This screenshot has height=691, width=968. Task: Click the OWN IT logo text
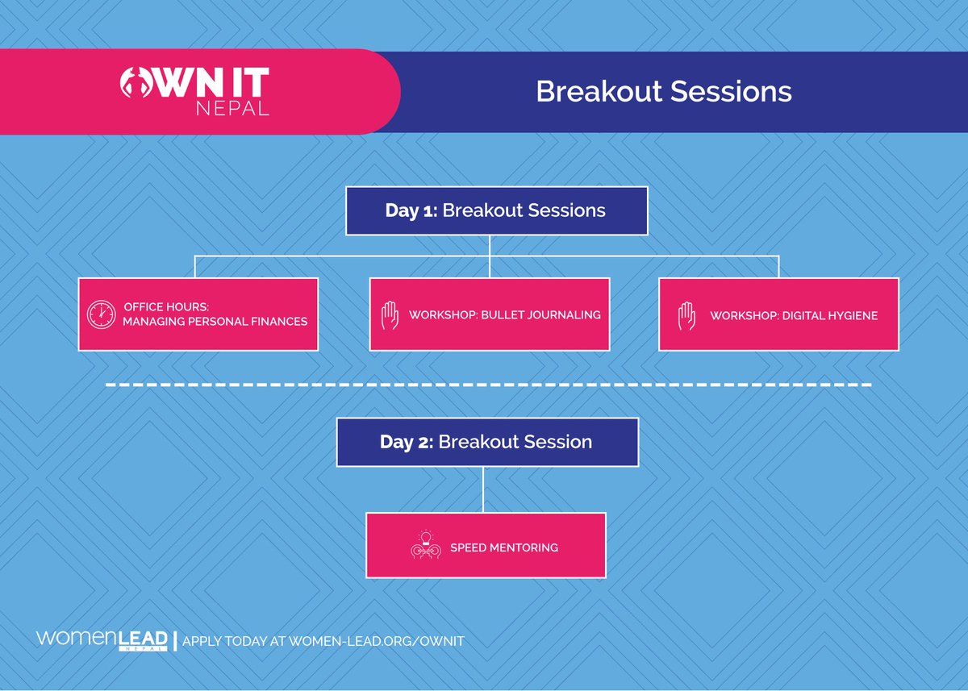click(x=194, y=82)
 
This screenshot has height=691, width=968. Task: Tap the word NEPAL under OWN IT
click(x=233, y=108)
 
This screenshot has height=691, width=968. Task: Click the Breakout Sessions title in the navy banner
click(x=664, y=92)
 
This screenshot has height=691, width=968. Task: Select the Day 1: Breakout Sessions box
click(x=497, y=210)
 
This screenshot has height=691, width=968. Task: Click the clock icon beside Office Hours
click(x=101, y=314)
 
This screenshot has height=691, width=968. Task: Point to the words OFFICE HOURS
click(x=166, y=306)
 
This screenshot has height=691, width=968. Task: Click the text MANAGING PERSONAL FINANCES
click(x=215, y=322)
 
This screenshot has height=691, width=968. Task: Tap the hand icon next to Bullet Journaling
click(x=390, y=315)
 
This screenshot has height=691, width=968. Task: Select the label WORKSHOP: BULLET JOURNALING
click(x=505, y=314)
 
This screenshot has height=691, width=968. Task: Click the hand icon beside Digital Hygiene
click(x=686, y=316)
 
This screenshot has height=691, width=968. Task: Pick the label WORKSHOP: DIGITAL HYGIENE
click(x=794, y=316)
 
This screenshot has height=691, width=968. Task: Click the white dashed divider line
click(x=488, y=385)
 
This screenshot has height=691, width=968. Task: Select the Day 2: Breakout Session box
click(x=487, y=442)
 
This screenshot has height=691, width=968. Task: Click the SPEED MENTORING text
click(x=504, y=547)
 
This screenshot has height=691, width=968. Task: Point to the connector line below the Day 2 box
click(x=483, y=489)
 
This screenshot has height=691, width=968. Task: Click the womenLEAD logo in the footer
click(x=102, y=640)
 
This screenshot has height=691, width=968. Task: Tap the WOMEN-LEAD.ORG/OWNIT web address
click(x=377, y=641)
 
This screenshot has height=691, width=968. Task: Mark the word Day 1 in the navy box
click(x=411, y=210)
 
